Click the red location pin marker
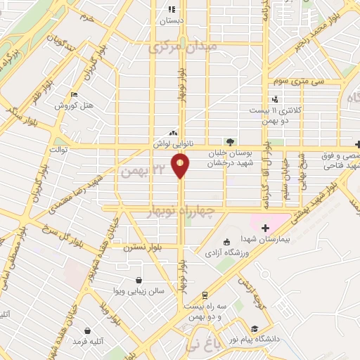[181, 166]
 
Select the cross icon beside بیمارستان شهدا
[265, 227]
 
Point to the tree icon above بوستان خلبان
[229, 141]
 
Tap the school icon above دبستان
[171, 10]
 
